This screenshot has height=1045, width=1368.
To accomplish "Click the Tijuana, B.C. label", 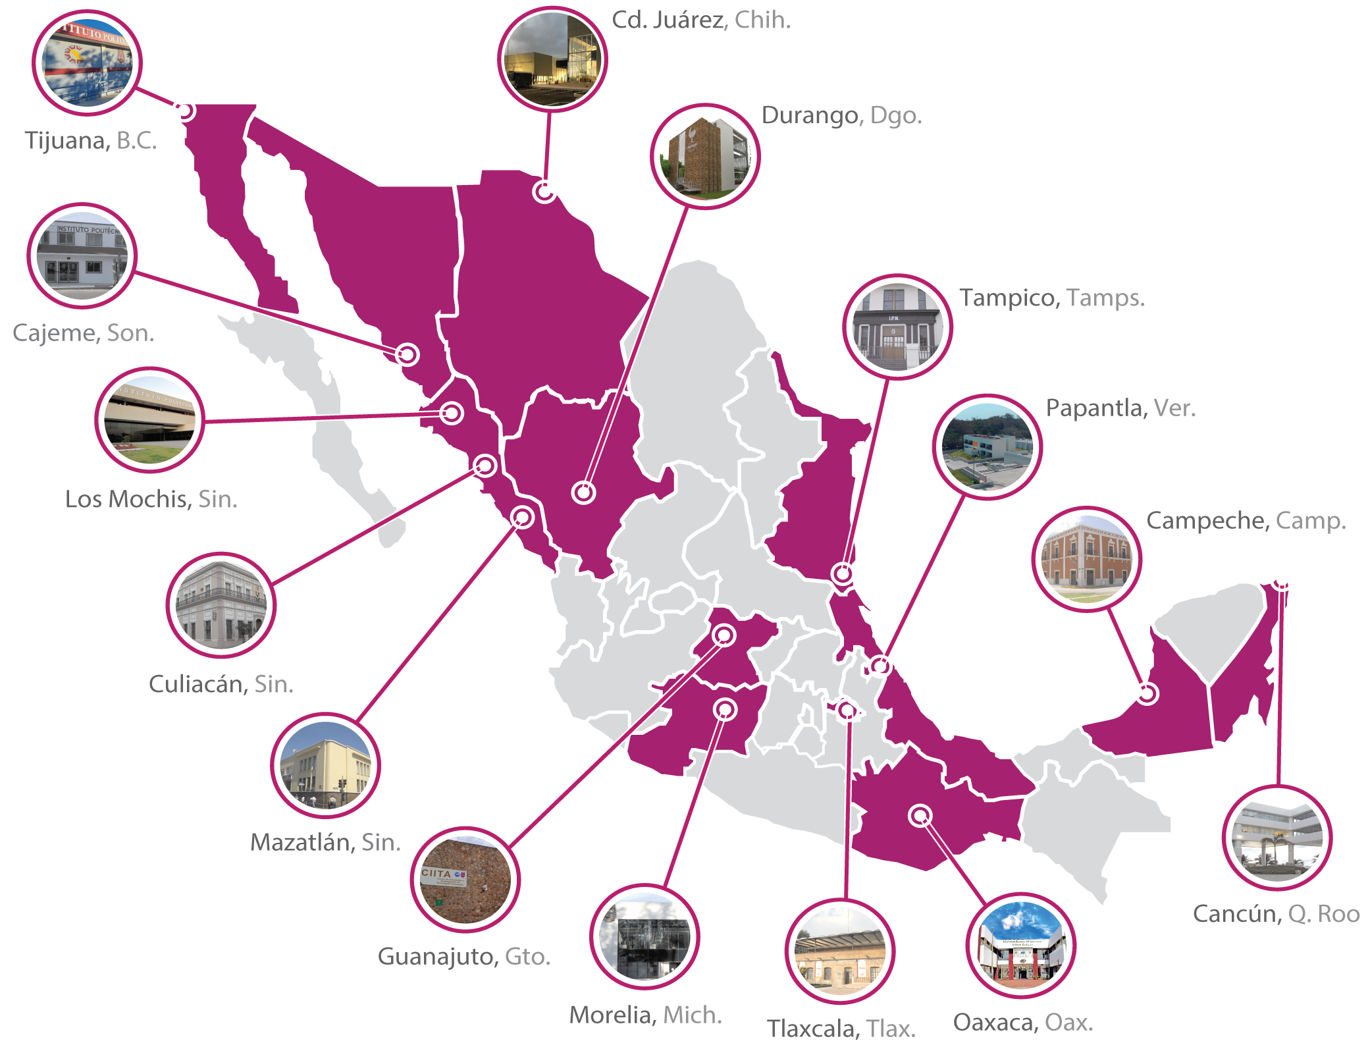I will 91,141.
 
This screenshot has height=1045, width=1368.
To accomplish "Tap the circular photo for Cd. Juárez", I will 552,59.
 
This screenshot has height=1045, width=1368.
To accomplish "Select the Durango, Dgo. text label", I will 841,116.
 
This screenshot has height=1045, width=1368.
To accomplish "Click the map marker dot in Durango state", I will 583,493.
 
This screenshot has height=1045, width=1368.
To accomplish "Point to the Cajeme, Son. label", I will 83,333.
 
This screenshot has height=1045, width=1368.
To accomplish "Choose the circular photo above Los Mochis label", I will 149,419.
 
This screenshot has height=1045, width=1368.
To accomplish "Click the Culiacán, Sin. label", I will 221,685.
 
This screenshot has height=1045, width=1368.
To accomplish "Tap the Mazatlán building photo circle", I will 325,765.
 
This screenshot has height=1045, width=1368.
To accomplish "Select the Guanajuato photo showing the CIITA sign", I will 465,879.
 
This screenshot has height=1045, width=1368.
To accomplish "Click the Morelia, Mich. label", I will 645,1015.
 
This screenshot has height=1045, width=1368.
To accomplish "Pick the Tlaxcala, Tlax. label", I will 841,1029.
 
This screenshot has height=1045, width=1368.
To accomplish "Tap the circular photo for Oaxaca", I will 1020,946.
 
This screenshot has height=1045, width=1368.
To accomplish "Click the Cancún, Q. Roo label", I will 1276,914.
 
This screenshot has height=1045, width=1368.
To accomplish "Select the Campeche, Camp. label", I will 1246,521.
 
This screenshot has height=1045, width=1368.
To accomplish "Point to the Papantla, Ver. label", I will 1120,408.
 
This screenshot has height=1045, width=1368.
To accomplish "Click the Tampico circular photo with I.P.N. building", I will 897,327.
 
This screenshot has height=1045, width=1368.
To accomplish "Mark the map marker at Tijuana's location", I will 185,111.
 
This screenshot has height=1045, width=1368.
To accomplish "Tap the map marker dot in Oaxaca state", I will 920,815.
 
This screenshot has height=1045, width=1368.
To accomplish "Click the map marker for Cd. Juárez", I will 544,192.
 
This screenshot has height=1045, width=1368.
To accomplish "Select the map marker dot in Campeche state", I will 1147,693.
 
